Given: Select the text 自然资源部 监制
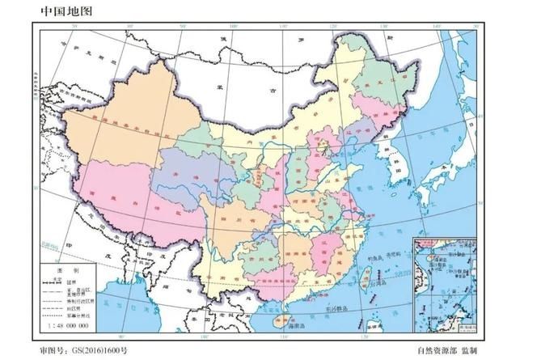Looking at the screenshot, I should pyautogui.click(x=447, y=352).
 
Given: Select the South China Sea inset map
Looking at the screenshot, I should pyautogui.click(x=444, y=284).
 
